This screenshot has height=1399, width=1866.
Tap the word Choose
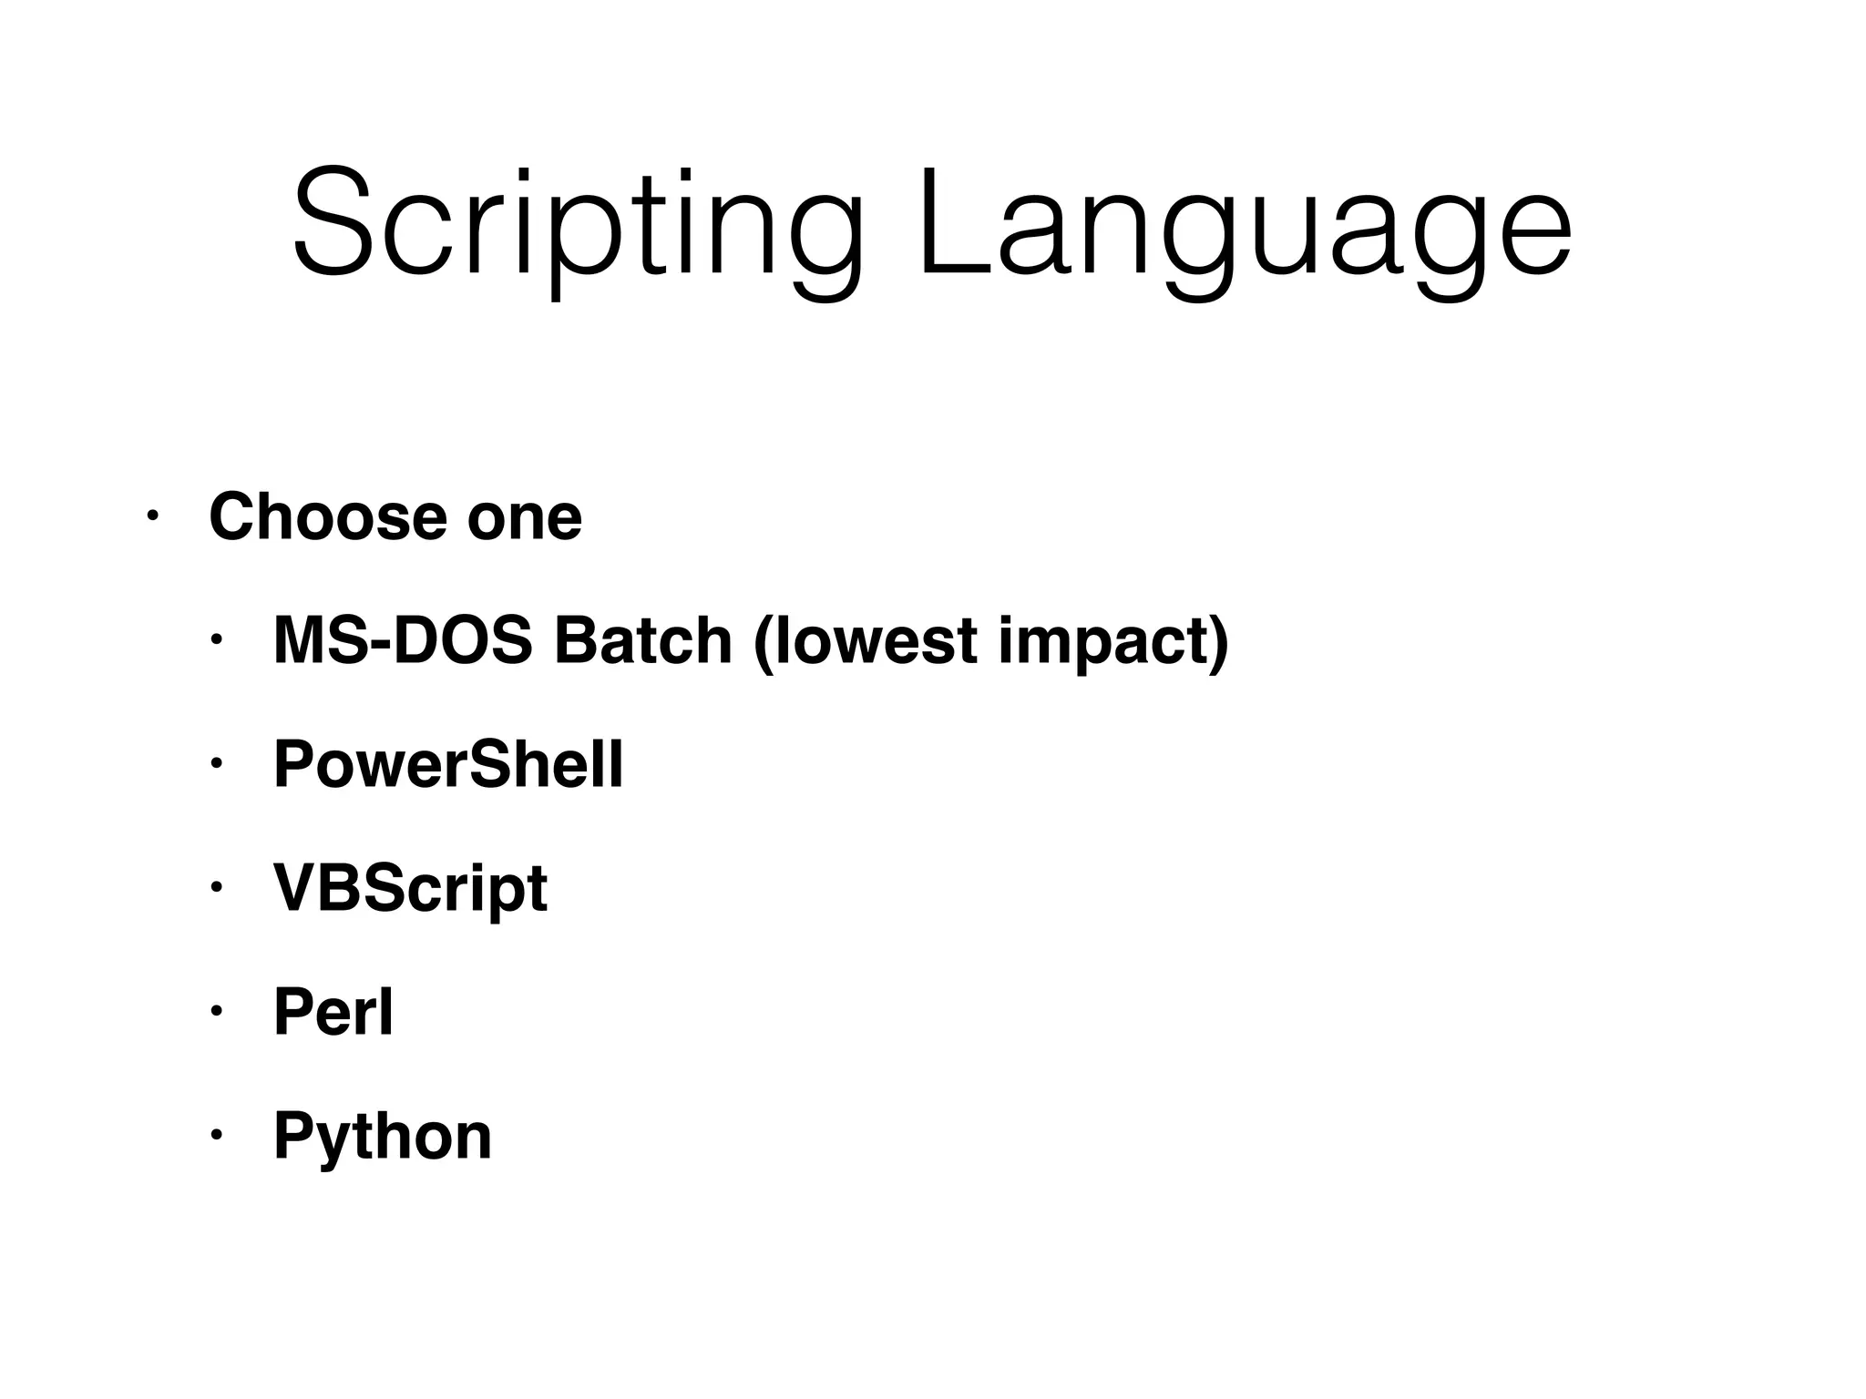(328, 516)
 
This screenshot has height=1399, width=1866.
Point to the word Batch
(643, 640)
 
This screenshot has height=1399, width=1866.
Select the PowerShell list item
(448, 764)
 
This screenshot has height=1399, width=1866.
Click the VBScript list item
(410, 888)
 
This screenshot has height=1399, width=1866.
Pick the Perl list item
(333, 1012)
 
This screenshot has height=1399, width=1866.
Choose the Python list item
(383, 1136)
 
